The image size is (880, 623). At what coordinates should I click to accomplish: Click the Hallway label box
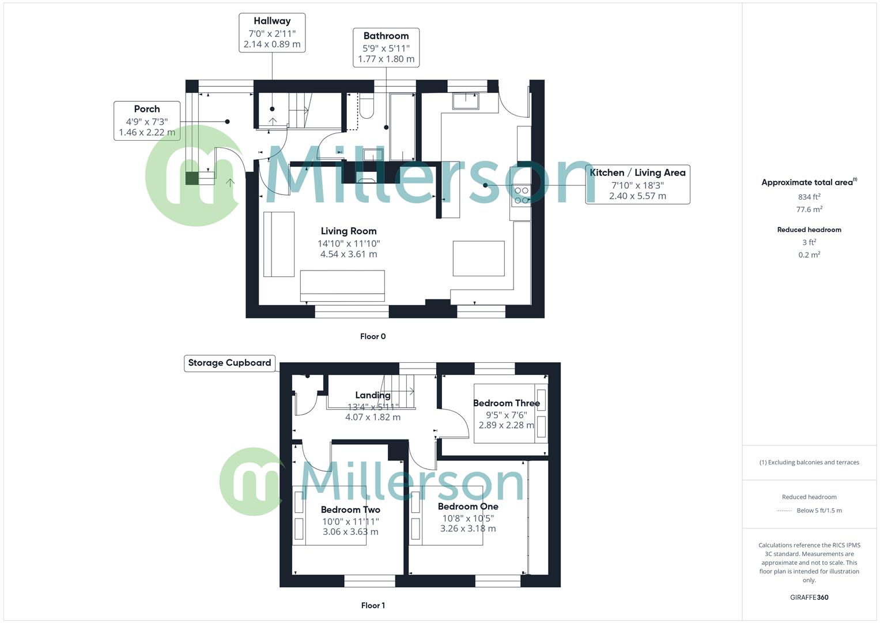[x=272, y=33]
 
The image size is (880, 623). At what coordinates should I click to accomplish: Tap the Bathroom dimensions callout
[x=386, y=47]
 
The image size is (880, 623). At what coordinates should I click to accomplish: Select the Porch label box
[x=147, y=121]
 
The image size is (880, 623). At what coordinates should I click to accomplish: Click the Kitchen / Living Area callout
[x=637, y=185]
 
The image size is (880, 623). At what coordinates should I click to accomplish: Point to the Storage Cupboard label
[x=229, y=363]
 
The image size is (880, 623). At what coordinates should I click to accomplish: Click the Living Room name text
[x=349, y=231]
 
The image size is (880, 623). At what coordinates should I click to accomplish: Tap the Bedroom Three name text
[x=506, y=403]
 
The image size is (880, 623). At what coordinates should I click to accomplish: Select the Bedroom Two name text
[x=350, y=510]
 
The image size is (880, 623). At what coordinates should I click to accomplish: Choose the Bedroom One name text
[x=468, y=506]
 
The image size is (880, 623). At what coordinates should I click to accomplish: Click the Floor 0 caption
[x=373, y=336]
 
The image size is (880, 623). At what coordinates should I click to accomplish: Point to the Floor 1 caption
[x=373, y=605]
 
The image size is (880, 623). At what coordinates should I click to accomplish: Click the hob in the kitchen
[x=521, y=195]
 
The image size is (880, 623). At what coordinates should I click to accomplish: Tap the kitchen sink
[x=465, y=101]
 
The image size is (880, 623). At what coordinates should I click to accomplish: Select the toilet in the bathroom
[x=367, y=105]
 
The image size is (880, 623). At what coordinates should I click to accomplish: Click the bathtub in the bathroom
[x=402, y=127]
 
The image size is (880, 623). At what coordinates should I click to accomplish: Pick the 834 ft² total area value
[x=809, y=197]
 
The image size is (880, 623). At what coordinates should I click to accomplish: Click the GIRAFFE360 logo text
[x=809, y=598]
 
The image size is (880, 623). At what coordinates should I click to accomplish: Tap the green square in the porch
[x=191, y=178]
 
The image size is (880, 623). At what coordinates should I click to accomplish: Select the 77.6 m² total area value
[x=809, y=209]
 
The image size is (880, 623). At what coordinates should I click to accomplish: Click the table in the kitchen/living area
[x=478, y=258]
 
